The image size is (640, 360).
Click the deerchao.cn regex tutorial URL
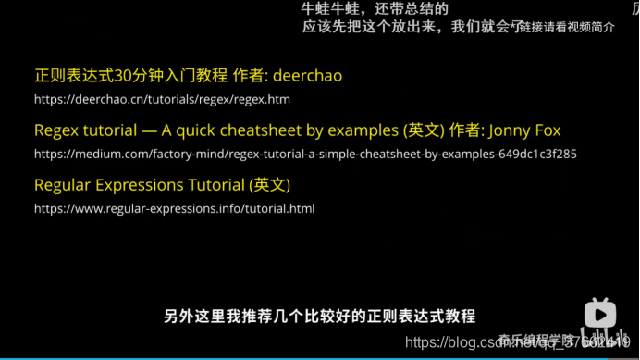click(x=162, y=99)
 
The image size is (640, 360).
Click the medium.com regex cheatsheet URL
click(x=305, y=154)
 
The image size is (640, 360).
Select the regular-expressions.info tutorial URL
click(x=174, y=208)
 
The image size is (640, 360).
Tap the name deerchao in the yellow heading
click(x=308, y=75)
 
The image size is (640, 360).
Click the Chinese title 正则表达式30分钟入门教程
click(x=130, y=75)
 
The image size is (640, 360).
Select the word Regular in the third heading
click(x=63, y=185)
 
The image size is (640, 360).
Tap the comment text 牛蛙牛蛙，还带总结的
click(x=375, y=8)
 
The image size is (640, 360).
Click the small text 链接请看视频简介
click(x=567, y=27)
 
